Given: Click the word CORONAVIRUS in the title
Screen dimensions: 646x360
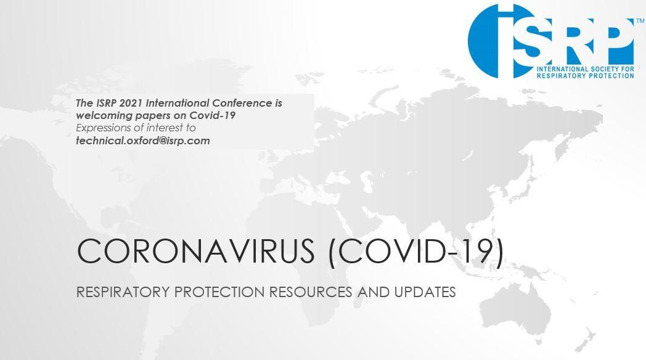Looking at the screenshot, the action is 195,251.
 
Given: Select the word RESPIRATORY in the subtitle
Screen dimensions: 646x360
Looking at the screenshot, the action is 123,292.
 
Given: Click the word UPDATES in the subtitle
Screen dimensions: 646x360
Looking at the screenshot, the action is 425,292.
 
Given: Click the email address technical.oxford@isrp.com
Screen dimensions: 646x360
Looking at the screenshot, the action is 143,141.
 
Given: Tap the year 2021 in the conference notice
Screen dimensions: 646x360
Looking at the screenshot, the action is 130,103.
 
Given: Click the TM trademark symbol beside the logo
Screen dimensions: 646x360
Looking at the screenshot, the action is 640,20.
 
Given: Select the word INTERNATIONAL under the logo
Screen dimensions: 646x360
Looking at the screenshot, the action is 563,69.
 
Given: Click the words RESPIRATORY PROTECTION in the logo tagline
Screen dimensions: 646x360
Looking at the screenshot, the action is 586,76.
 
